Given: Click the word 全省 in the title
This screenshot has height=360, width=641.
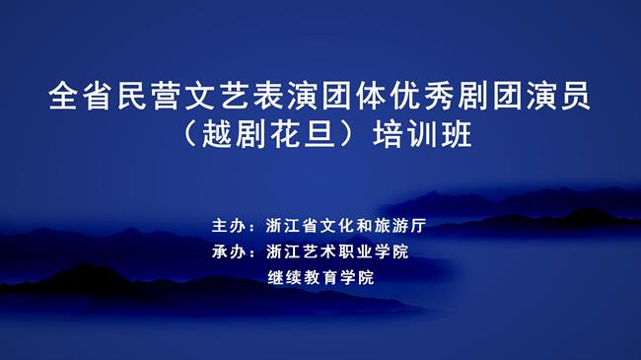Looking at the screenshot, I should [x=83, y=97].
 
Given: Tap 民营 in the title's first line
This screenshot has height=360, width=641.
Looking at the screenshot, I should [x=151, y=97].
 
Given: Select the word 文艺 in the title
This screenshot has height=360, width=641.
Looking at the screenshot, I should [x=219, y=97].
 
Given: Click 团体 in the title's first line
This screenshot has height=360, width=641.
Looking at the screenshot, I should [x=354, y=97].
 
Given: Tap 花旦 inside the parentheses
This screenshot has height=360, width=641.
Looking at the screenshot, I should [x=305, y=134].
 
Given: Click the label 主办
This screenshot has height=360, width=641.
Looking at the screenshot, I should [x=227, y=225].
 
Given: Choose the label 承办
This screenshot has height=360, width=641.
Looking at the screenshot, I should [x=227, y=252].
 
